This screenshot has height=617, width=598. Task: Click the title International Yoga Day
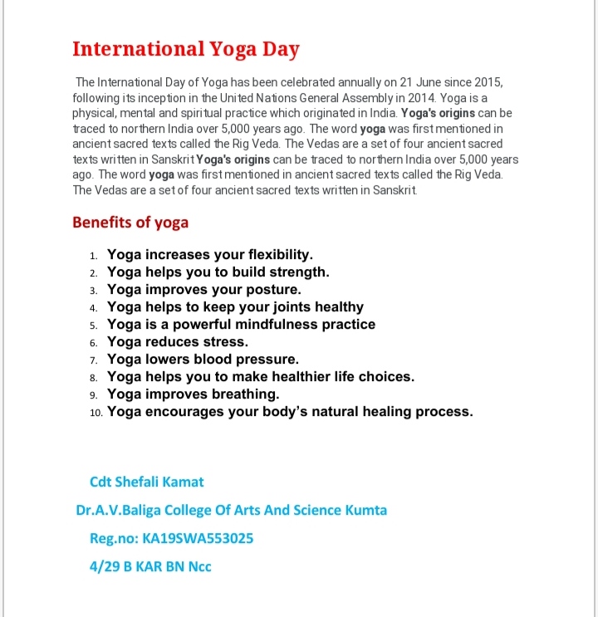tap(186, 48)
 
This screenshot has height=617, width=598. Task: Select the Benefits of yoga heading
tap(130, 222)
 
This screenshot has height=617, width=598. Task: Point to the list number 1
tap(94, 256)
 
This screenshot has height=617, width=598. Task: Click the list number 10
tap(96, 412)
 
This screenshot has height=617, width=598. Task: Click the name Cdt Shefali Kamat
tap(146, 482)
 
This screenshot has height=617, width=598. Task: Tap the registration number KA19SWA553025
tap(198, 538)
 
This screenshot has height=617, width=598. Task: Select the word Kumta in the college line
tap(366, 510)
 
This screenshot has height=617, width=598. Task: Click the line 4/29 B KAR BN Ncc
tap(150, 566)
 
